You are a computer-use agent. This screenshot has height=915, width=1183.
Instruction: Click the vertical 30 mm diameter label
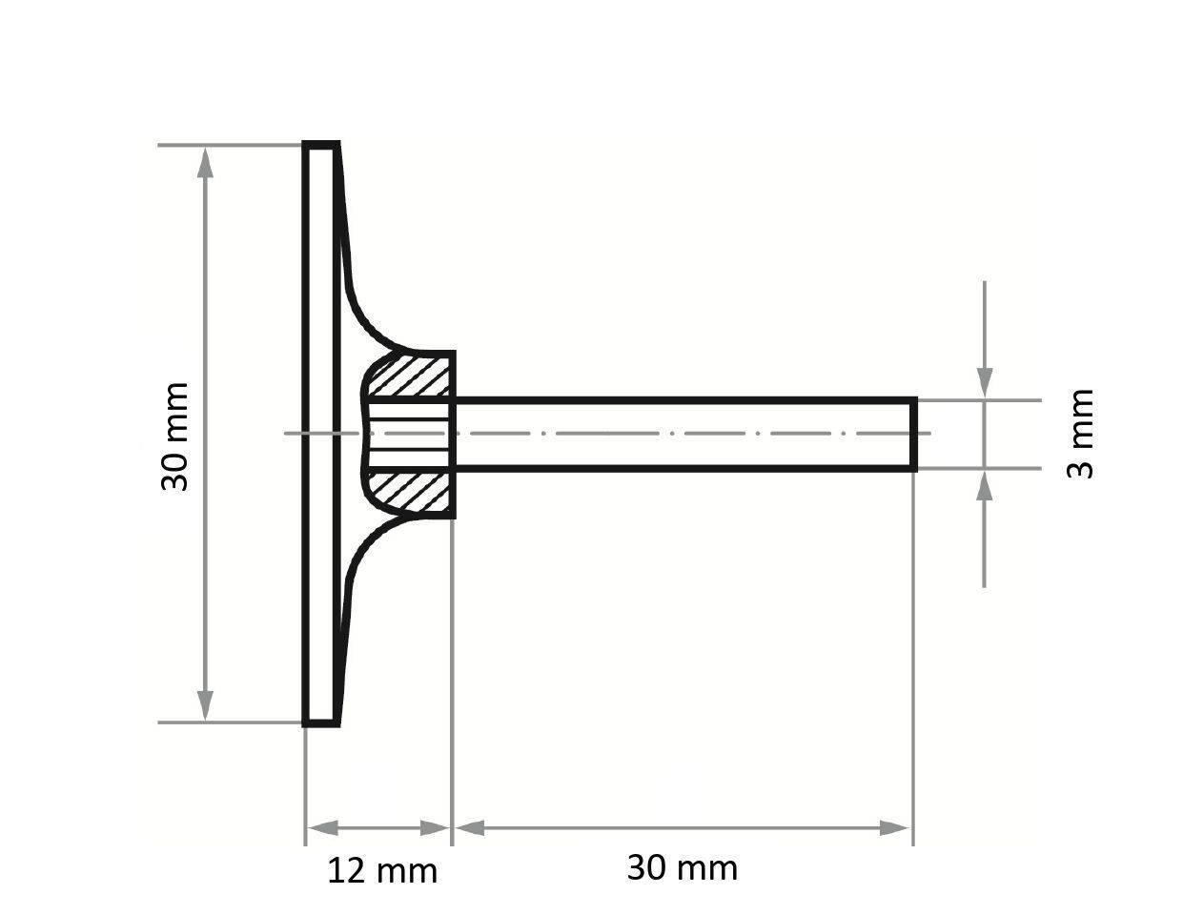coord(174,437)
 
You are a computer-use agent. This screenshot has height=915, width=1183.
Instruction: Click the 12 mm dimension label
coord(382,870)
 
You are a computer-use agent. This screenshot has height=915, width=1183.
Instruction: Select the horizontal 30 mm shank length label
coord(682,868)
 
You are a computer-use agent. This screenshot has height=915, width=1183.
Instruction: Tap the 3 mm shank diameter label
coord(1080,434)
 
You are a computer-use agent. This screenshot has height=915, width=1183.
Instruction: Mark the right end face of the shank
coord(915,434)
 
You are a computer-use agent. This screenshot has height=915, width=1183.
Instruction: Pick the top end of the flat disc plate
coord(320,146)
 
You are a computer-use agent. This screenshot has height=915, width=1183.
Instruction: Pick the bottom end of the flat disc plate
coord(320,723)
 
